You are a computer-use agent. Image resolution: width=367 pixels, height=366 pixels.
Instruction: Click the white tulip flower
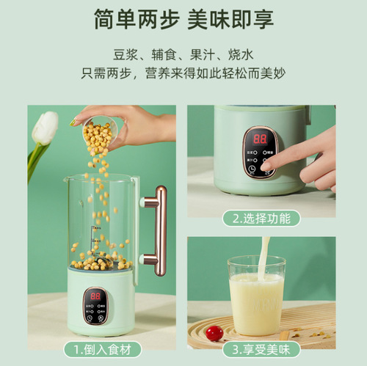(x=46, y=128)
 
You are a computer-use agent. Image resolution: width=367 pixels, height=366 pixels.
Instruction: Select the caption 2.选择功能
(x=261, y=218)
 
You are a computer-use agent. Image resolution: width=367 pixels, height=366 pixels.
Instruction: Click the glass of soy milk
(x=255, y=293)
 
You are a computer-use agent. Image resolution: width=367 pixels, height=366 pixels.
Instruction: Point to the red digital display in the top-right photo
(x=259, y=139)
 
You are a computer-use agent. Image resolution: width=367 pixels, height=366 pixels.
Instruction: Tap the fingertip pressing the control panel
(x=269, y=164)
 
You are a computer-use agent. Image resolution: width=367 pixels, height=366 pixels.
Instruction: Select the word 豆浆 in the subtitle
(x=125, y=55)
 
